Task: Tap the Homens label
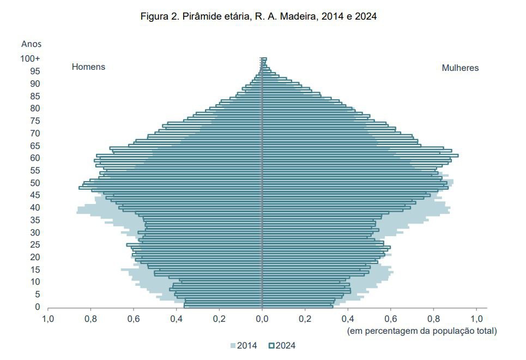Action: coord(88,67)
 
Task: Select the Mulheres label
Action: coord(460,68)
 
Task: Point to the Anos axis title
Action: coord(31,44)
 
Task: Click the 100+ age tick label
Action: coord(30,59)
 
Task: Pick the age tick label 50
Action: coord(35,183)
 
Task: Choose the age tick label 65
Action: coord(35,146)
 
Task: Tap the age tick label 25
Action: coord(35,245)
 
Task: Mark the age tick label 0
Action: coord(38,307)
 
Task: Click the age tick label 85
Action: coord(35,96)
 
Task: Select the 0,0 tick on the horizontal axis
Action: coord(262,319)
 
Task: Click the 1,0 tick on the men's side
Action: coord(48,319)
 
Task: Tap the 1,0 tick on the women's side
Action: coord(476,319)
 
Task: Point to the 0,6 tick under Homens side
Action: coord(134,319)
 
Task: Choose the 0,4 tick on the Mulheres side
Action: coord(348,319)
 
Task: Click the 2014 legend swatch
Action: coord(233,346)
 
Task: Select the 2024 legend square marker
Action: coord(271,346)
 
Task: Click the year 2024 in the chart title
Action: coord(366,16)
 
